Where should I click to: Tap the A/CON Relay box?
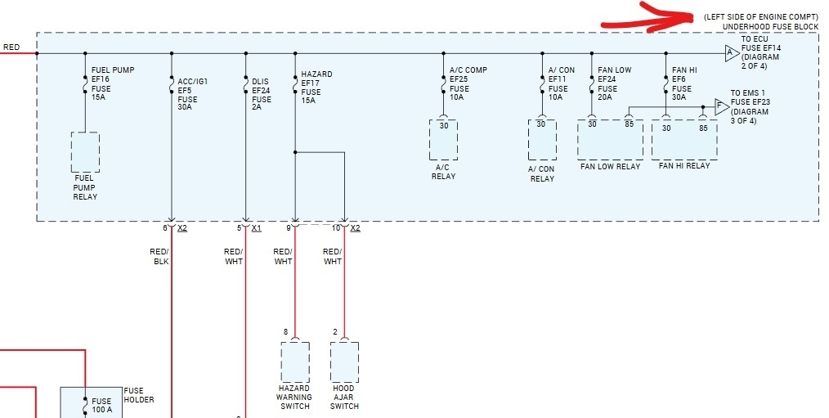click(542, 140)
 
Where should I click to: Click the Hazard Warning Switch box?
click(294, 362)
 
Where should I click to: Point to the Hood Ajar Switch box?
click(344, 362)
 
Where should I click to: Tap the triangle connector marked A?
click(732, 53)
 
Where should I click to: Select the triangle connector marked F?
click(721, 106)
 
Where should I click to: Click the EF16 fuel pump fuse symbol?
click(85, 83)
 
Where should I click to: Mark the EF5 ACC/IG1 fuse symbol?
click(172, 85)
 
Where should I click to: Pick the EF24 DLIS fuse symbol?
click(245, 85)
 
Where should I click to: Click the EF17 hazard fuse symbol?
click(294, 85)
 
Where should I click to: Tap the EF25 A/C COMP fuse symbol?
click(443, 85)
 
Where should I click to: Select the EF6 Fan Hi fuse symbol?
click(665, 85)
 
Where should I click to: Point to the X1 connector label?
click(256, 228)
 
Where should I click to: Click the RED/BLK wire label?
click(159, 256)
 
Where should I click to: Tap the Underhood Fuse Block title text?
click(770, 27)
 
